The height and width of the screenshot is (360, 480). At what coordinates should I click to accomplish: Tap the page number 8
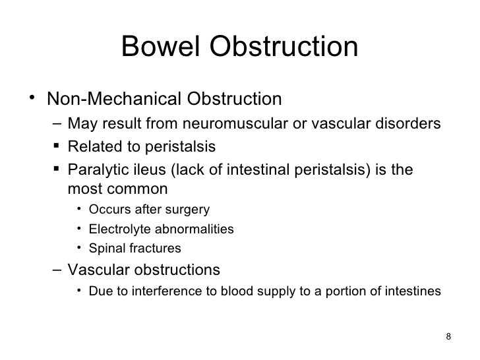pos(448,338)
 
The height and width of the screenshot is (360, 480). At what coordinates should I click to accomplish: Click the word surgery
pos(189,210)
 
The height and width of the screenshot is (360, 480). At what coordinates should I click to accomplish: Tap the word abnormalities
pos(192,230)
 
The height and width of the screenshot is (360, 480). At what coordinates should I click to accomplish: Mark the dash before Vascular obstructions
pos(57,270)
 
